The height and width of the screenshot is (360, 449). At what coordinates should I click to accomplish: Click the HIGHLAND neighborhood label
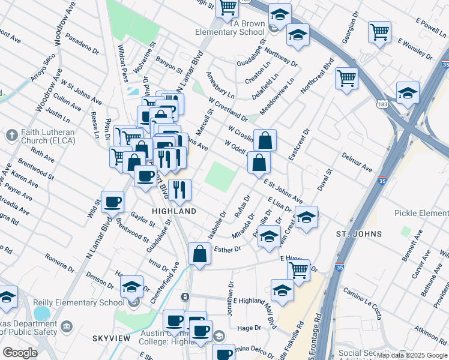(x=174, y=212)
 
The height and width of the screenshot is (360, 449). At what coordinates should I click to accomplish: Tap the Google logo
(x=20, y=353)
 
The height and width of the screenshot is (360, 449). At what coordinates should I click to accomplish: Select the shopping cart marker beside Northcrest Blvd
(x=346, y=77)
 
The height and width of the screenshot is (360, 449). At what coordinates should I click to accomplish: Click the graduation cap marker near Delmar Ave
(x=408, y=93)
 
